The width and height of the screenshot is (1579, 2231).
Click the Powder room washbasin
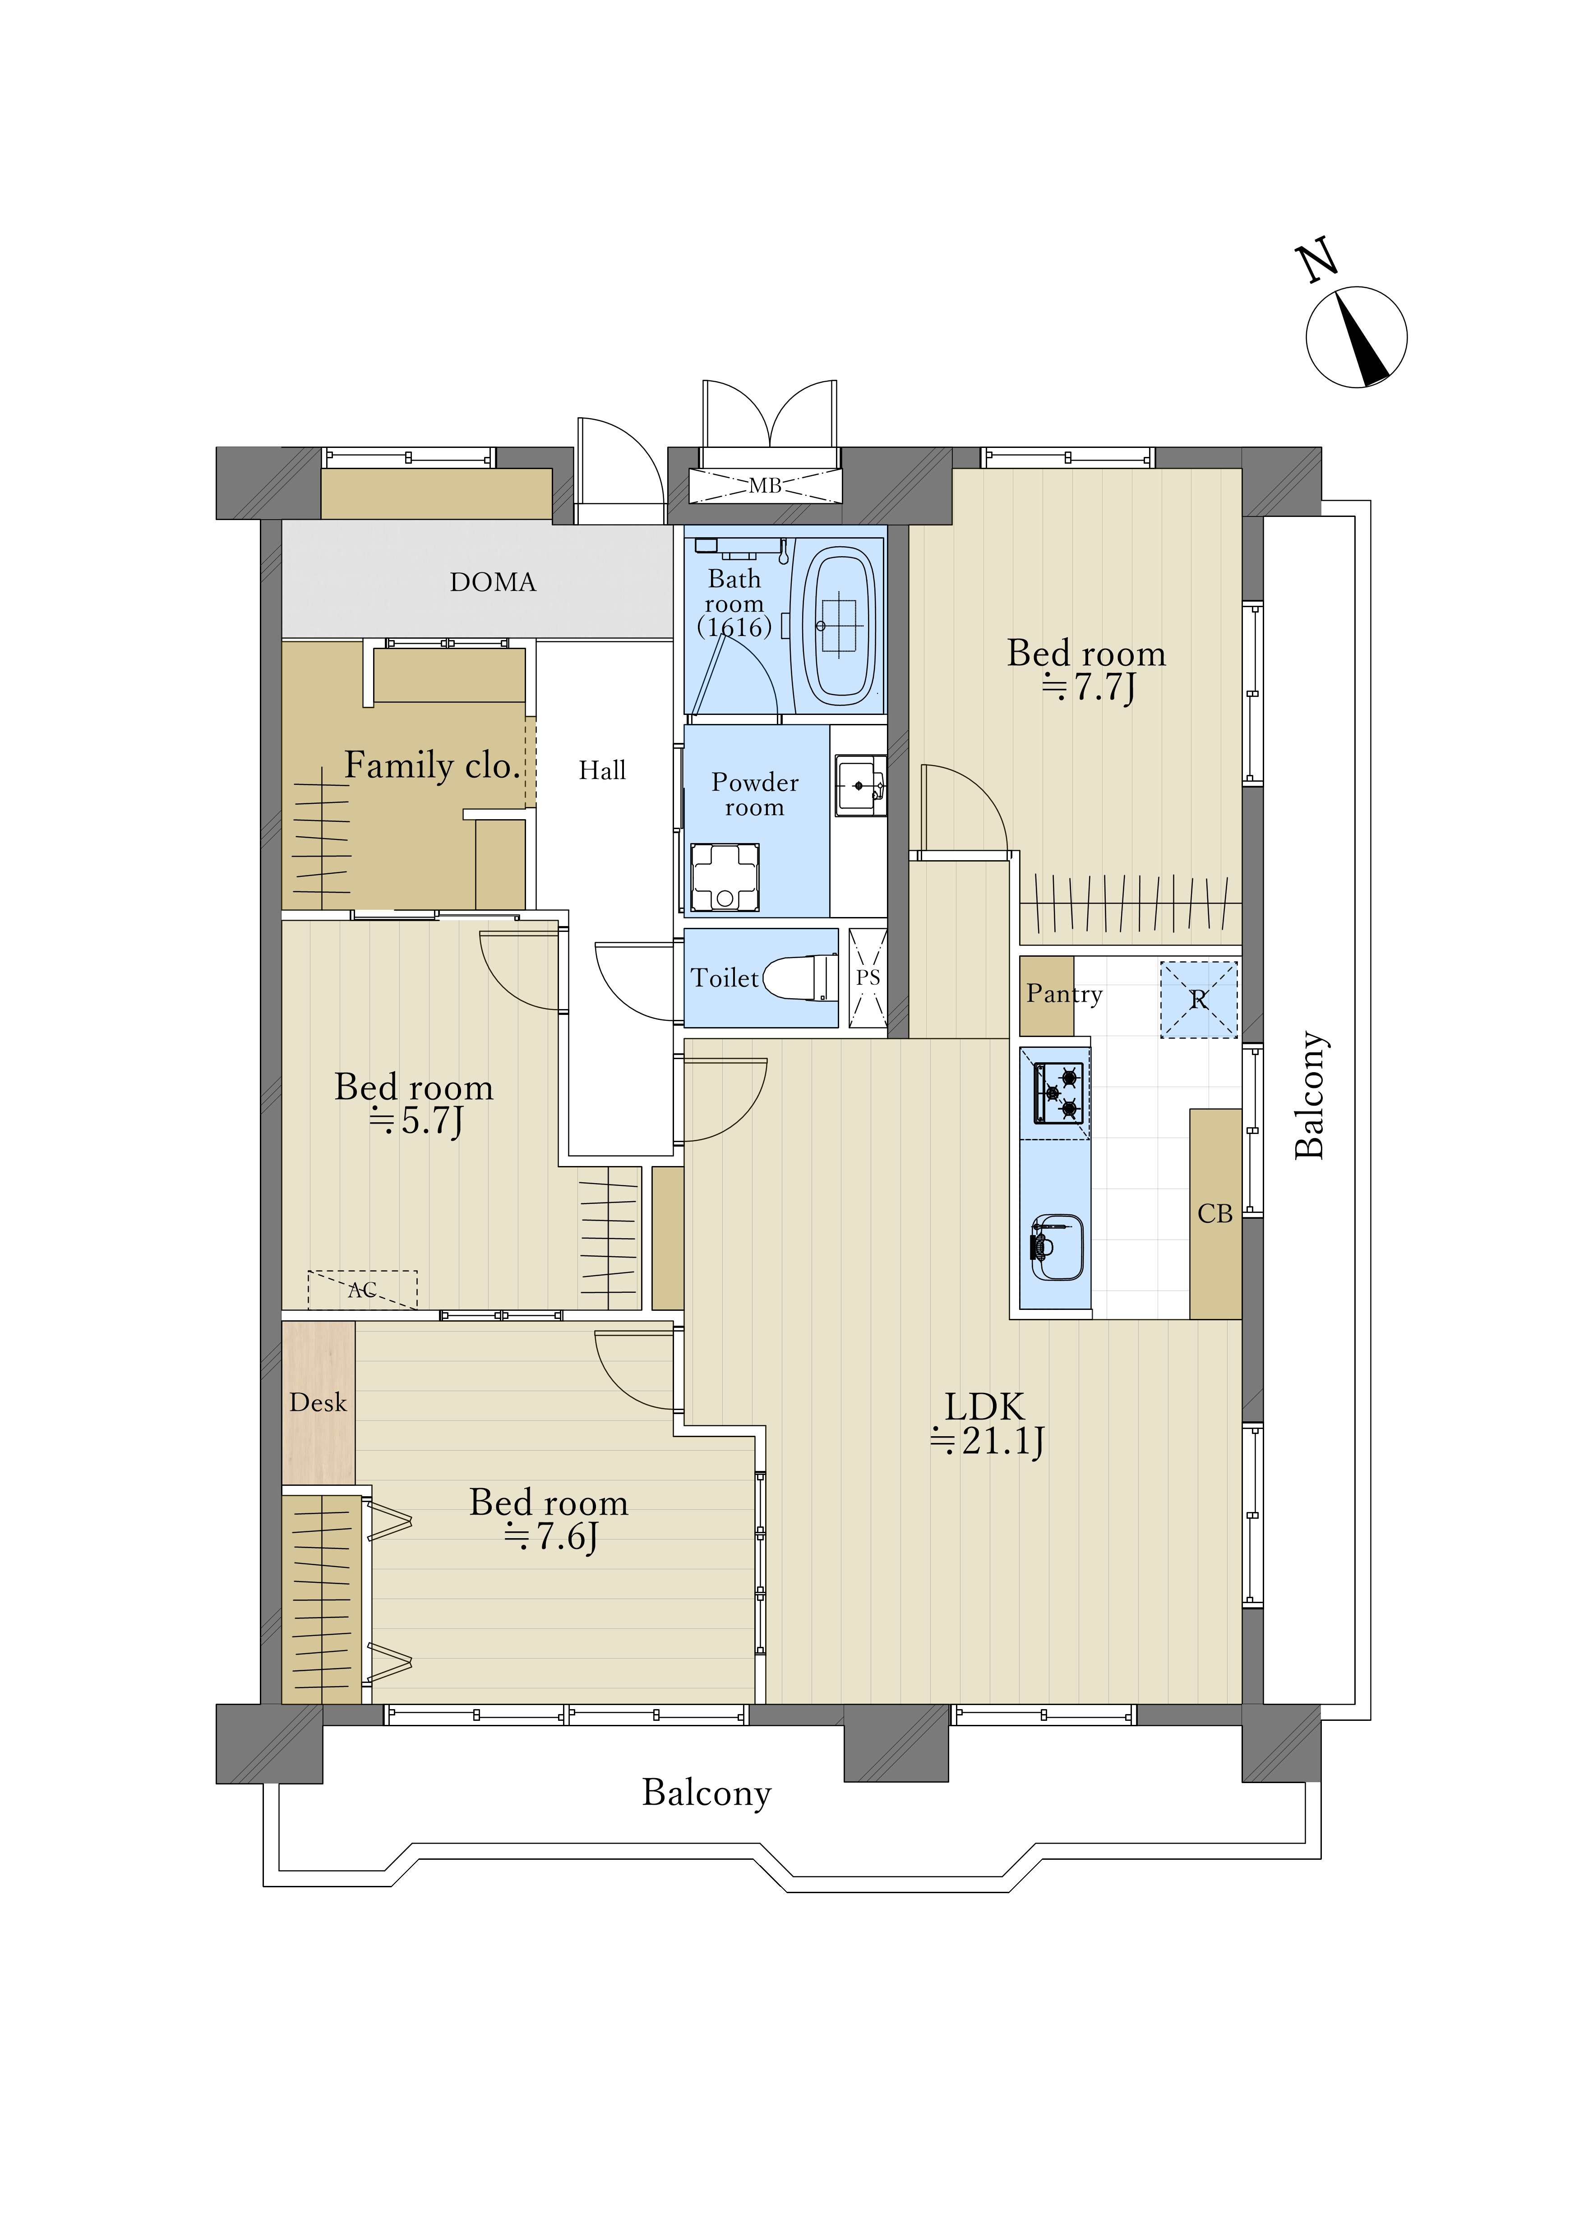[x=860, y=785]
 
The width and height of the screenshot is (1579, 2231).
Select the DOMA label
[x=493, y=582]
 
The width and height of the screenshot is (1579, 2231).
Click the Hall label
[x=602, y=771]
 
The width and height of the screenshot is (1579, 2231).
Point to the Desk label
[x=318, y=1403]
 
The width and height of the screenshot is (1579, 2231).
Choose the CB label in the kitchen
[x=1215, y=1214]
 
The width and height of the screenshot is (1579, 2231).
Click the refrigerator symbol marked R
[x=1199, y=999]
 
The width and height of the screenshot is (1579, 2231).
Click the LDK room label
[x=985, y=1406]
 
